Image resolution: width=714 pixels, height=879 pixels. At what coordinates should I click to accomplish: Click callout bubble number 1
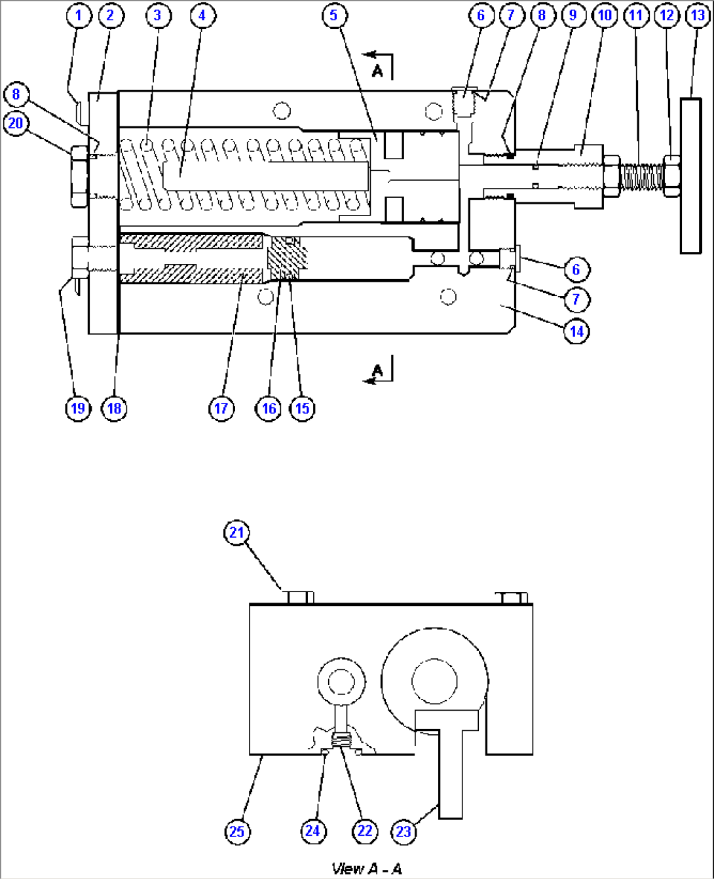point(79,15)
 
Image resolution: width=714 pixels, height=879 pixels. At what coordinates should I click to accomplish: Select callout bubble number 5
point(334,15)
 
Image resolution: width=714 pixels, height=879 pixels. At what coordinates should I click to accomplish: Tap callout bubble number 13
point(697,15)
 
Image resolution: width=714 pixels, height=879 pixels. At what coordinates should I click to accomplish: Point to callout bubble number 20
point(16,123)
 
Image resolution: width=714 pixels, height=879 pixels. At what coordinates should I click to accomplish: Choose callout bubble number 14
point(576,331)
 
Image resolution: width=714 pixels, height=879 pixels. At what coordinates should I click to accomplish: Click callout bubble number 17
point(221,409)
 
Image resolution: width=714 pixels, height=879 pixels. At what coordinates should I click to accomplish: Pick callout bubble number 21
point(236,533)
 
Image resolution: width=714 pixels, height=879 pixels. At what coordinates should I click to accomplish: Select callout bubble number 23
point(404,831)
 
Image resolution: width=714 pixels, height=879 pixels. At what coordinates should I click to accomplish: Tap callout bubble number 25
point(236,831)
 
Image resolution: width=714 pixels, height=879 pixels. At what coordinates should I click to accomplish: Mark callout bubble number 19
point(78,409)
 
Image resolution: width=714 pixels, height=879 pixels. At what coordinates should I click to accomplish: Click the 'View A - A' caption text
point(367,869)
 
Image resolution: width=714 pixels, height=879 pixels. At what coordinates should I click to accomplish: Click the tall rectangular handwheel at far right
point(691,176)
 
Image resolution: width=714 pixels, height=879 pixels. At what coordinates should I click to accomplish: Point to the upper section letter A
point(377,71)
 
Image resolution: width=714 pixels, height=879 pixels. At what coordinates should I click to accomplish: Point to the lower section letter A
point(377,371)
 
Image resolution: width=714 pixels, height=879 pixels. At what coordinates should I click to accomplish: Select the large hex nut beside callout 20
point(79,176)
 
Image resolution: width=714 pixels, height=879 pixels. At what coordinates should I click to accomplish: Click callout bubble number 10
point(605,15)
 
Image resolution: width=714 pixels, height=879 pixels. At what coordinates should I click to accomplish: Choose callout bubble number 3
point(157,15)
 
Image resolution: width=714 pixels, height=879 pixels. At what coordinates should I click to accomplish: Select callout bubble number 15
point(302,409)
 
